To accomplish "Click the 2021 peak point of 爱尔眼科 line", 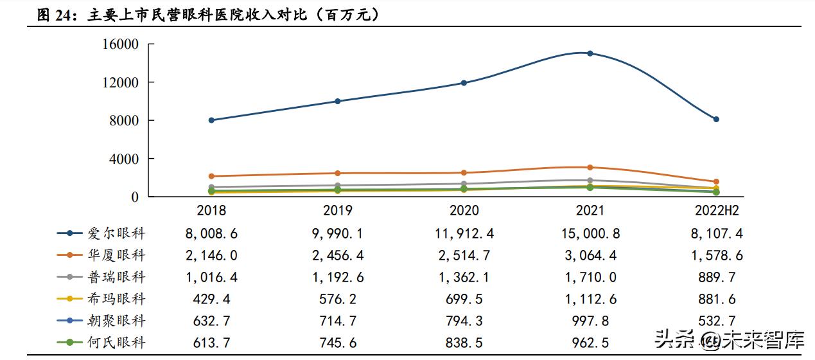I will pos(590,53).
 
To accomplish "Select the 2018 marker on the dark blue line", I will pos(211,120).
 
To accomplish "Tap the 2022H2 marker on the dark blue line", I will pos(716,119).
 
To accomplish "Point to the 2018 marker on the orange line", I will pos(211,176).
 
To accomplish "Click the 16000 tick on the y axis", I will pos(120,44).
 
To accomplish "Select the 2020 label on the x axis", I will pos(464,211).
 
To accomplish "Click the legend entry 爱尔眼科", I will pos(116,234).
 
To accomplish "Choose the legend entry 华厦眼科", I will pos(116,256).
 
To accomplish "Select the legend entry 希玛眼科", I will pos(116,299).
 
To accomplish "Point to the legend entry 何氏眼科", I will pos(116,343).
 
